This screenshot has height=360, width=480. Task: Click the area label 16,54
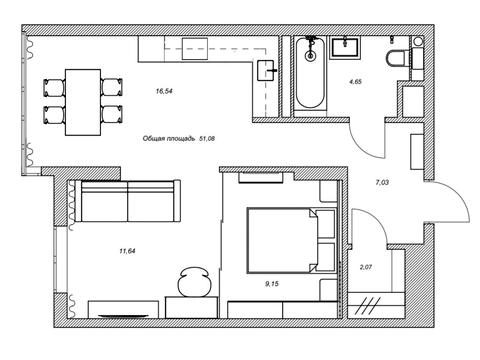coord(164,91)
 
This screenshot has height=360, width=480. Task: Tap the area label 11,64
coord(127,251)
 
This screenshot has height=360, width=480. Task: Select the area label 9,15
coord(272,284)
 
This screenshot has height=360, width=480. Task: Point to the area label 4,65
coord(355,82)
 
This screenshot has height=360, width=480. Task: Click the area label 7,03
coord(382,182)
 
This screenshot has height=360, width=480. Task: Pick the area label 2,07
coord(366,267)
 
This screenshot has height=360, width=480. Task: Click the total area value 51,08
coord(207,139)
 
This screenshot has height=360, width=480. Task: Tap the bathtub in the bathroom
coord(310,73)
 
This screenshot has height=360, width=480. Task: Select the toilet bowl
coord(396,58)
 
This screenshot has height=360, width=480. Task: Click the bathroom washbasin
coord(345,47)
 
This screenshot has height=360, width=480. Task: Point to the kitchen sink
coord(266,70)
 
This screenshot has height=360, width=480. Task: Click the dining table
coord(83,102)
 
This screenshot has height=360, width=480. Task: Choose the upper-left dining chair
coord(54,88)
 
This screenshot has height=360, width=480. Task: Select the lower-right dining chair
coord(112,115)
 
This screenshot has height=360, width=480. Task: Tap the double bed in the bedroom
coord(283,241)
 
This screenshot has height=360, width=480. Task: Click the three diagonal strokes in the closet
coord(368,305)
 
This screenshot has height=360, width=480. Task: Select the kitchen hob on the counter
coord(195,49)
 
